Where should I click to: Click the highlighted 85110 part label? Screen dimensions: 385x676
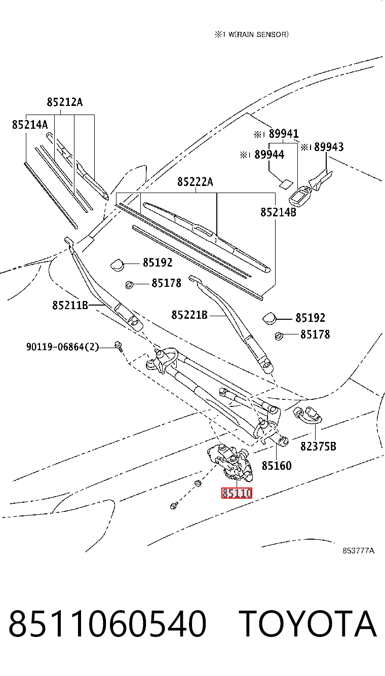click(237, 493)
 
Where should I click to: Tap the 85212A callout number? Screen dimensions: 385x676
click(64, 102)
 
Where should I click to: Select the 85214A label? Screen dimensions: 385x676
click(30, 124)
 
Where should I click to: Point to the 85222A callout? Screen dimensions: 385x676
click(195, 182)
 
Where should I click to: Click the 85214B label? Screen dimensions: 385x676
click(279, 212)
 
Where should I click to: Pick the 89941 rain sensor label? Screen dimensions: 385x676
click(284, 134)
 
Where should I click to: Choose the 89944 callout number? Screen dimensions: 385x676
click(269, 155)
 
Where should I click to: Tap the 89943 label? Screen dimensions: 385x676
click(329, 147)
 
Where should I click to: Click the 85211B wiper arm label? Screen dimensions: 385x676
click(70, 305)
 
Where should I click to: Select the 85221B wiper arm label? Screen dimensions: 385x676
click(189, 315)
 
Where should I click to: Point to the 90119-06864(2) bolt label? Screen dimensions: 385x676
click(62, 347)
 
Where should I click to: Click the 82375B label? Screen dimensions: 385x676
click(318, 446)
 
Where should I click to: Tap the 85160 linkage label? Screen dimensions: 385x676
click(277, 466)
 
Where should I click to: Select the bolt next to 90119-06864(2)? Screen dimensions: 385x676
click(118, 347)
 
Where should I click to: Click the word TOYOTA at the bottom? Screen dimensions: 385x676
click(310, 624)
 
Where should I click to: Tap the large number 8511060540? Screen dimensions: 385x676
click(107, 624)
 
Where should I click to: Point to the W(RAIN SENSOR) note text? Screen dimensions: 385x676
click(258, 34)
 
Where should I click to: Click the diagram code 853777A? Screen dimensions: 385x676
click(359, 551)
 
